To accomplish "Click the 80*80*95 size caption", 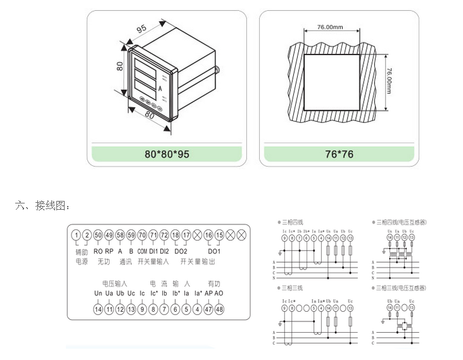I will (167, 154).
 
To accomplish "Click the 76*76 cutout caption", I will (339, 154).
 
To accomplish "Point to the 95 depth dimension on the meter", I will (141, 28).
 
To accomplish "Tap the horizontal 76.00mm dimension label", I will (330, 27).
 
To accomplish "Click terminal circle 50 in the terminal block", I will (98, 235).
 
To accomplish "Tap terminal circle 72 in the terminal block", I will (164, 235).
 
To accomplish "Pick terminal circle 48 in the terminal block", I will (219, 309).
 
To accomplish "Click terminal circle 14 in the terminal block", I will (98, 309).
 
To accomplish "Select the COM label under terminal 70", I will (142, 251).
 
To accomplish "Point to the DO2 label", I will (181, 251).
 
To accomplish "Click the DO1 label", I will (213, 251).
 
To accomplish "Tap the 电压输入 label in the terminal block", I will (115, 283).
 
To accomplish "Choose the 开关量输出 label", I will (198, 261).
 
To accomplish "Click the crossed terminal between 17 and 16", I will (197, 235).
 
